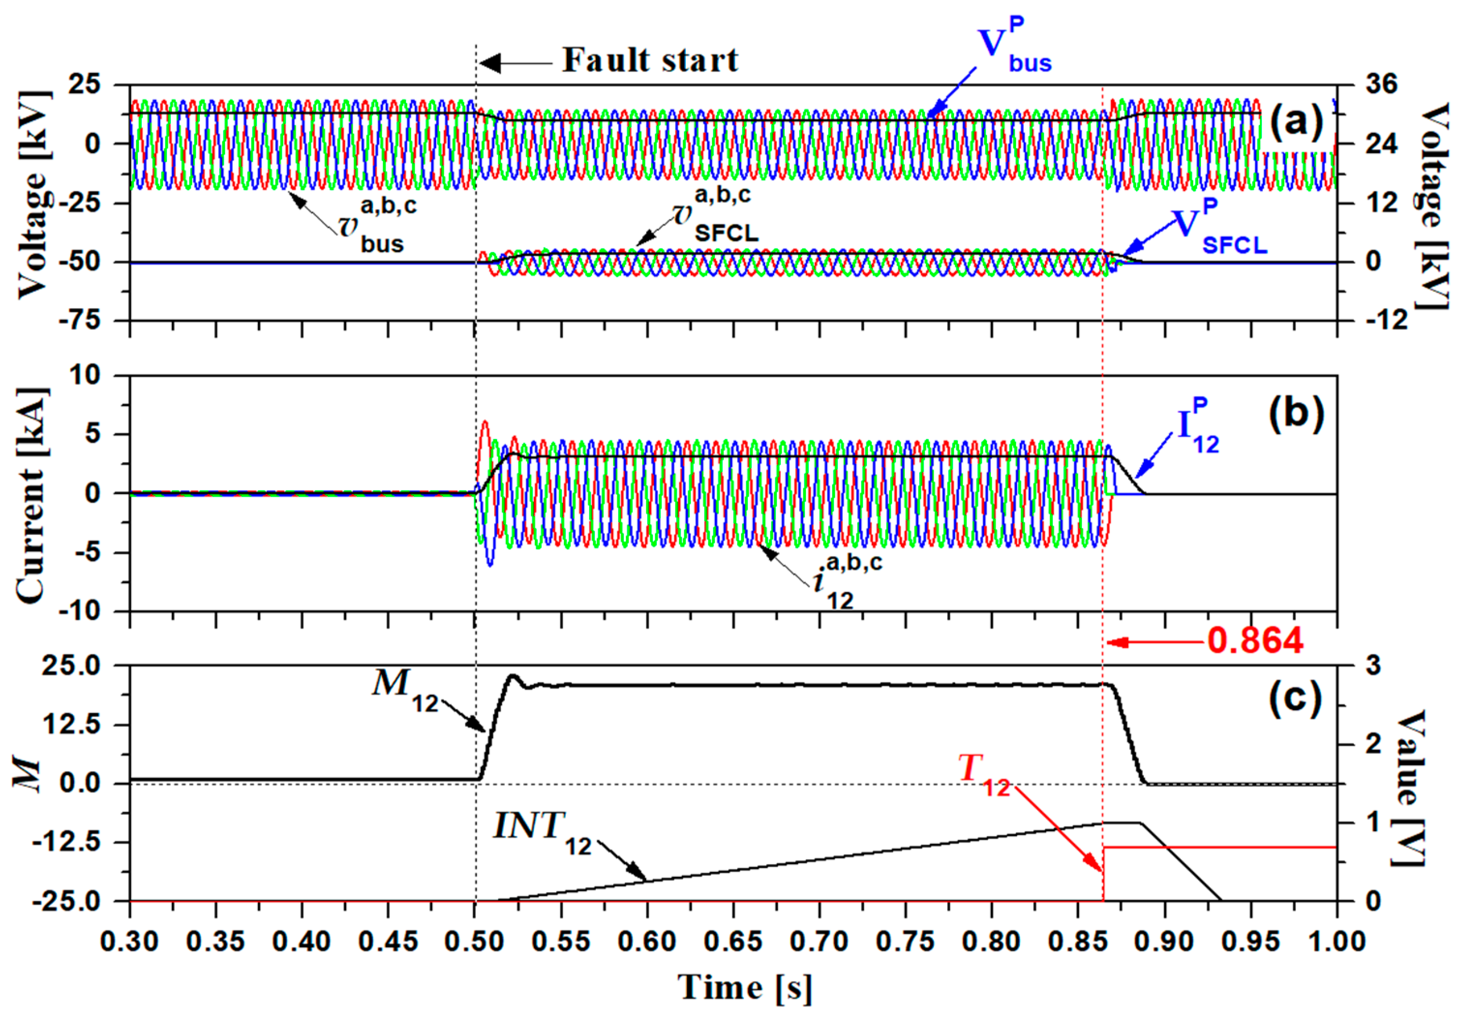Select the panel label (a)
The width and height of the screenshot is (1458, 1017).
click(1295, 121)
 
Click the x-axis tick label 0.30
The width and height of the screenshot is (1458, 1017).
click(130, 941)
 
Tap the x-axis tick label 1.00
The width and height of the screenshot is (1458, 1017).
click(1336, 941)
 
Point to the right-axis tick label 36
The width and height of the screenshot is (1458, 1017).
click(1381, 84)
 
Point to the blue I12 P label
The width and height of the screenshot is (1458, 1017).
click(1198, 428)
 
